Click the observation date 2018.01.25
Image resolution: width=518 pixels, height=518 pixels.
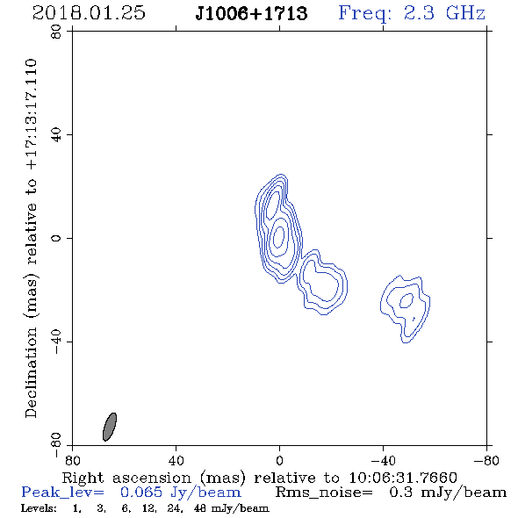[x=89, y=13]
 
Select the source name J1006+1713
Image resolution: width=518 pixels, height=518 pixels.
[x=251, y=13]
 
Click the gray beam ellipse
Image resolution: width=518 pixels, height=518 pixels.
[x=110, y=427]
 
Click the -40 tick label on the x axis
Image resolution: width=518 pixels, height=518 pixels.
[x=383, y=461]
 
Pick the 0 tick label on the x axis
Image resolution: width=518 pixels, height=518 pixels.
[x=279, y=461]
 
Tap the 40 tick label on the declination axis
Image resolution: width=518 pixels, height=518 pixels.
[x=57, y=135]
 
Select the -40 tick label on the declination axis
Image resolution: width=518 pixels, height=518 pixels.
[x=57, y=342]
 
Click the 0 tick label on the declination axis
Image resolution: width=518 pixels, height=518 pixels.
[x=57, y=238]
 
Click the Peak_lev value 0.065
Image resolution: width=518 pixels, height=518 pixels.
[x=141, y=493]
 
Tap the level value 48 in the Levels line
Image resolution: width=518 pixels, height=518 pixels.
[x=200, y=507]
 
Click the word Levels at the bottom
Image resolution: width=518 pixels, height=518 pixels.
[x=39, y=507]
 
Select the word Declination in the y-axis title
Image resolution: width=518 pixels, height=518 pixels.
[x=31, y=372]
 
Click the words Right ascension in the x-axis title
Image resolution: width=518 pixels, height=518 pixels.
[x=126, y=478]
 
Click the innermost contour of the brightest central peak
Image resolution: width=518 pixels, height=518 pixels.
[x=279, y=236]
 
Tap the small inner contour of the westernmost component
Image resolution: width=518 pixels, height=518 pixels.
[x=406, y=300]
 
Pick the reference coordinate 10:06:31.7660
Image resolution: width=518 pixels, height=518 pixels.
[x=403, y=478]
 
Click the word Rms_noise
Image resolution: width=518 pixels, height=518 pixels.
[x=324, y=493]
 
